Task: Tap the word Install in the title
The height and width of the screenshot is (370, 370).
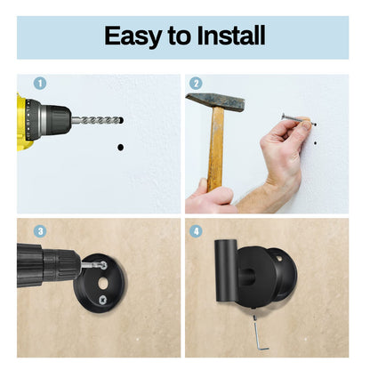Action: (x=224, y=36)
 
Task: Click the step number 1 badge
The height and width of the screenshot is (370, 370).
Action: (x=39, y=83)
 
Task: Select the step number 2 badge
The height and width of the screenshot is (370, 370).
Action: (x=197, y=83)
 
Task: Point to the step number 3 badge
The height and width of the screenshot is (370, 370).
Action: (x=39, y=230)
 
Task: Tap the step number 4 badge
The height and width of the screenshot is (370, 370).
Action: (x=197, y=230)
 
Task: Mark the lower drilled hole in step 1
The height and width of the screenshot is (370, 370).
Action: (x=120, y=146)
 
